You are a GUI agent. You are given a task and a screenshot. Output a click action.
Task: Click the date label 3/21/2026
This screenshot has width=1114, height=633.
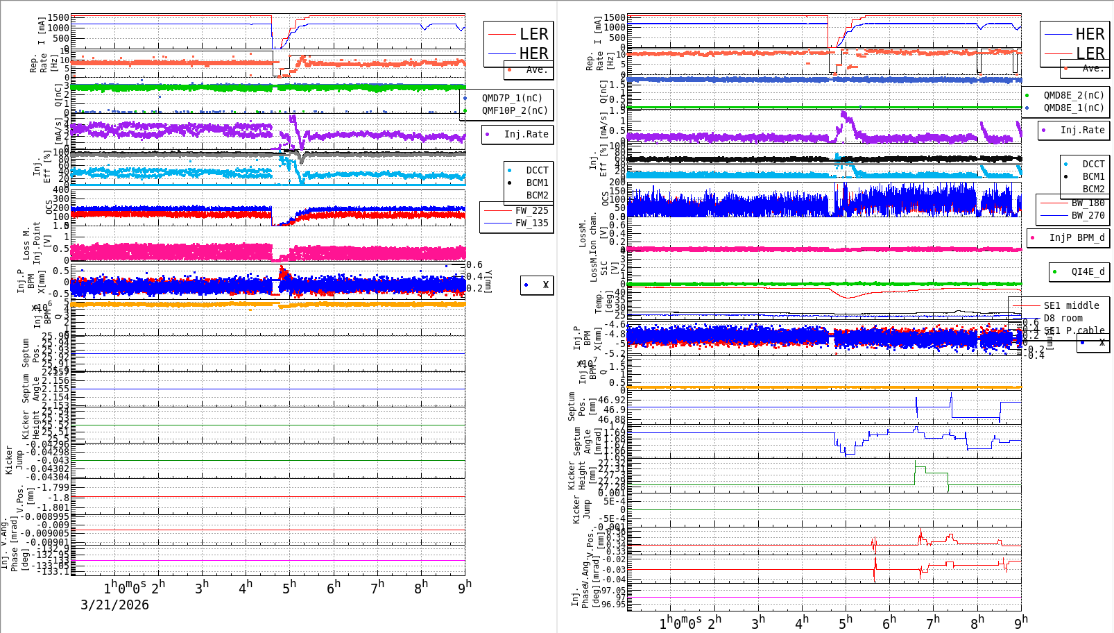coord(114,605)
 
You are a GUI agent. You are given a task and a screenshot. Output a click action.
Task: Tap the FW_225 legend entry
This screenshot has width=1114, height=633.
coord(531,210)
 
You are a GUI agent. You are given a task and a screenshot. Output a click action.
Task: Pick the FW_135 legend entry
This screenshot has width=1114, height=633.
coord(531,223)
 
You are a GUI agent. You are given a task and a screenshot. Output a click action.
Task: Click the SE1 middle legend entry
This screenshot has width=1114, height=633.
coord(1071,305)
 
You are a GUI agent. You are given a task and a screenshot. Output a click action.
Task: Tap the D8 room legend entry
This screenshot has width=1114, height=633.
coord(1063,318)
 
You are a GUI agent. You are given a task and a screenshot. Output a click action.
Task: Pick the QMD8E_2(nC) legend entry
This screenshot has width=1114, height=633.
coord(1074,95)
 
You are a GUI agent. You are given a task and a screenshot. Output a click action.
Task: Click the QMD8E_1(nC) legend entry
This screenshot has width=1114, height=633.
coord(1074,108)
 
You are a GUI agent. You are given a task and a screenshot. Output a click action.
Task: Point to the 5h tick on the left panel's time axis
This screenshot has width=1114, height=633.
coord(289,587)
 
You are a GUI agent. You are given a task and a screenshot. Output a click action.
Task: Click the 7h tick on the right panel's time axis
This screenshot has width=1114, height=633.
coord(933,622)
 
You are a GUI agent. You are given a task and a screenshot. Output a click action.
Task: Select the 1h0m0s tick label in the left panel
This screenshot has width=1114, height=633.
coord(125,587)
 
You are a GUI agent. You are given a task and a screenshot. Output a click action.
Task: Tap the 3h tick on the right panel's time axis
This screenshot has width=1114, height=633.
coord(758,622)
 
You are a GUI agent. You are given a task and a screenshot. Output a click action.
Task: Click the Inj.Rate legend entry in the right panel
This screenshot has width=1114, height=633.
coord(1082,130)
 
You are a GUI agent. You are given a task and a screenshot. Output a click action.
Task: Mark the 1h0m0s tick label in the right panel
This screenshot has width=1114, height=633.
coord(680,623)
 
